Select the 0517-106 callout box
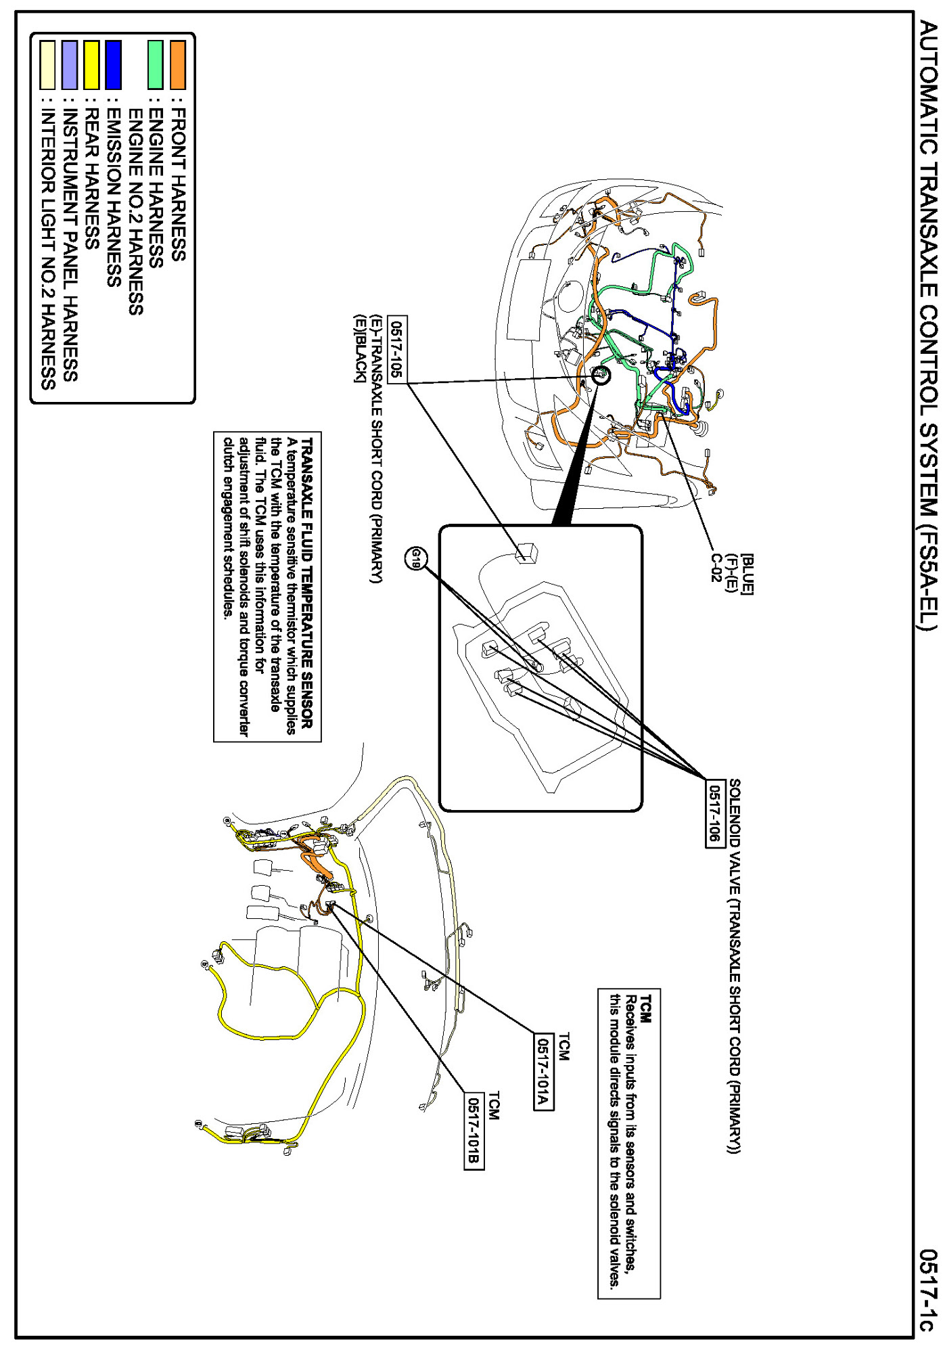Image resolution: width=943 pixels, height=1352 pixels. pyautogui.click(x=714, y=813)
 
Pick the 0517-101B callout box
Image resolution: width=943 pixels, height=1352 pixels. pyautogui.click(x=474, y=1131)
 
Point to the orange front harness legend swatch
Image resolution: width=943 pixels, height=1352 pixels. pyautogui.click(x=178, y=65)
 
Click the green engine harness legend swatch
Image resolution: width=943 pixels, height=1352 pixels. pyautogui.click(x=156, y=65)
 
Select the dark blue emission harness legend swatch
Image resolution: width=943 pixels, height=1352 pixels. pyautogui.click(x=113, y=65)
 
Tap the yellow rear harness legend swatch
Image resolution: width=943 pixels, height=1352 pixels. pyautogui.click(x=91, y=65)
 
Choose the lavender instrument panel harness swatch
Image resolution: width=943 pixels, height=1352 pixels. pyautogui.click(x=70, y=65)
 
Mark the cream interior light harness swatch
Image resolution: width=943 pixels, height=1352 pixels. pyautogui.click(x=47, y=65)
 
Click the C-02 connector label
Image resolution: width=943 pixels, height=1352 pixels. pyautogui.click(x=716, y=568)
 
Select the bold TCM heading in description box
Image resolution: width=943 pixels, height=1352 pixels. pyautogui.click(x=646, y=1009)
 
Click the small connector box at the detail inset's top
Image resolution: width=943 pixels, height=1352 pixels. pyautogui.click(x=526, y=552)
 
